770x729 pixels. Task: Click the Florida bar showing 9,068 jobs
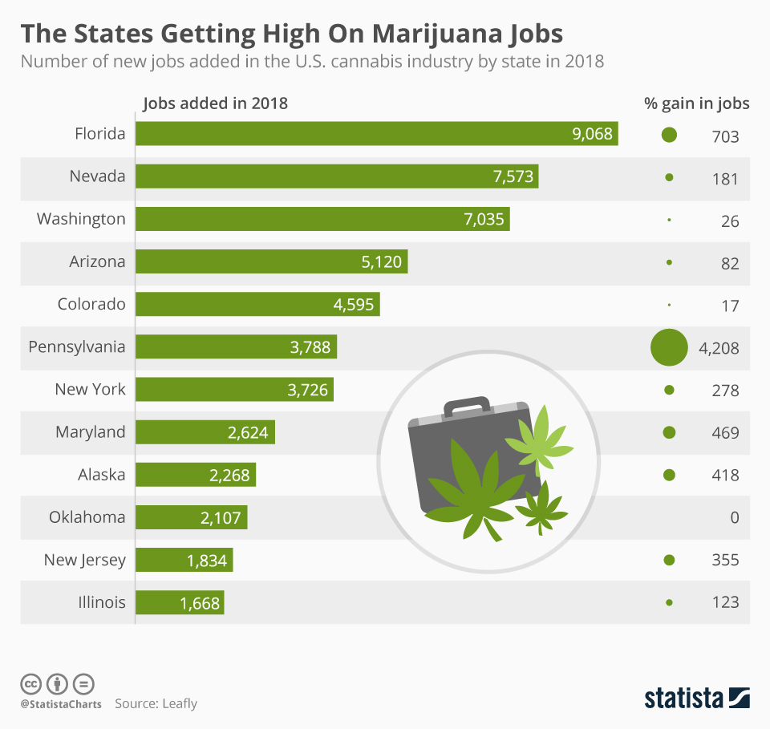[377, 134]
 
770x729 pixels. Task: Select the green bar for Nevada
[337, 176]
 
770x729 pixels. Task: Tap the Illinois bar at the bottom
[180, 602]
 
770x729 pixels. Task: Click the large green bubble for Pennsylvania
[669, 347]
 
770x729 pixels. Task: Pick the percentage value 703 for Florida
[725, 136]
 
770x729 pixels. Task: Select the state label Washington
[81, 219]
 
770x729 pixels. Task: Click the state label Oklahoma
[87, 517]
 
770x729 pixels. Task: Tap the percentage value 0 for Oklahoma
[734, 518]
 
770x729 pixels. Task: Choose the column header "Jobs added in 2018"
[215, 103]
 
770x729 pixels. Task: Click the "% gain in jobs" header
[696, 103]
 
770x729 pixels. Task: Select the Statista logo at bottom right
[696, 698]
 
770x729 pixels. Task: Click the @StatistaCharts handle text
[61, 704]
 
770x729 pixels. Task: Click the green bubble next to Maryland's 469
[669, 432]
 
